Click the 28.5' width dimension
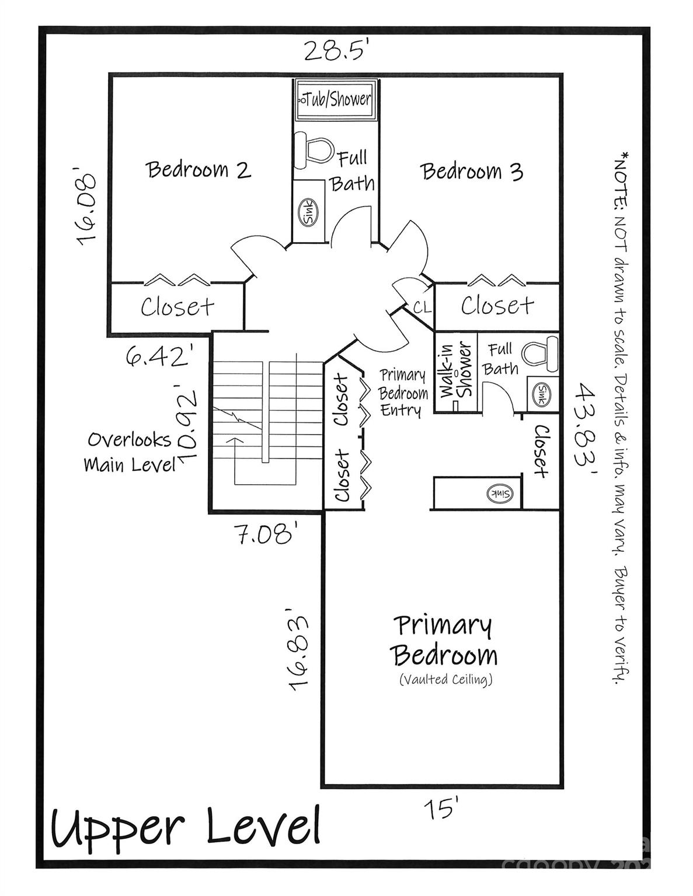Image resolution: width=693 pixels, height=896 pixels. point(335,51)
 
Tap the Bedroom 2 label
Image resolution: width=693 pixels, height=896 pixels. point(199,170)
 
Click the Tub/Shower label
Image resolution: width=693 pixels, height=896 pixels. point(335,99)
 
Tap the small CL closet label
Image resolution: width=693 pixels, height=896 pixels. point(422,307)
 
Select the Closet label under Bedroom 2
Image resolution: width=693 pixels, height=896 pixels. point(177,307)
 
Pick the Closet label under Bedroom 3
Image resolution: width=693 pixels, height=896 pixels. point(497,306)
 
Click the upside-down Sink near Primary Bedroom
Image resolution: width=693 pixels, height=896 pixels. point(500,494)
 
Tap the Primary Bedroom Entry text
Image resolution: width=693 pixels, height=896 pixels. point(403,393)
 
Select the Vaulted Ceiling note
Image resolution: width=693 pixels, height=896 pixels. point(446,679)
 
